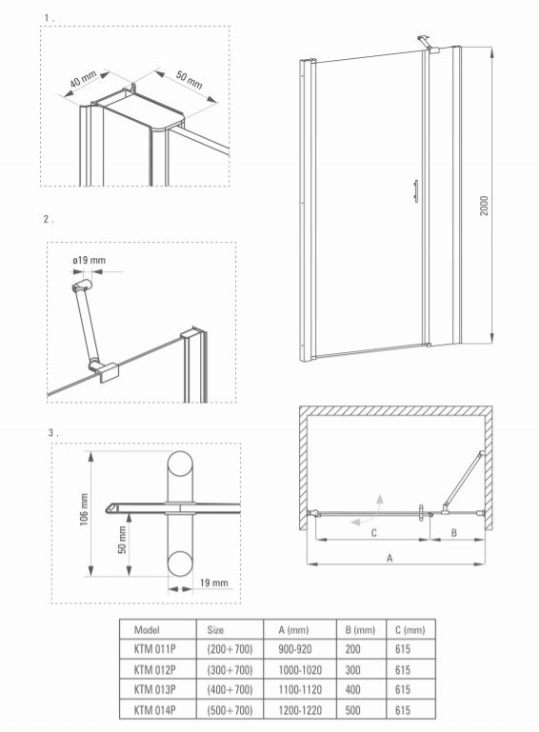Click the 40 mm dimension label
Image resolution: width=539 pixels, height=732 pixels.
pyautogui.click(x=83, y=80)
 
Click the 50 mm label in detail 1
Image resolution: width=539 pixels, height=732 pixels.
pyautogui.click(x=189, y=80)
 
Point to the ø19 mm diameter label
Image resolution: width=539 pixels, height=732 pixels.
pyautogui.click(x=89, y=260)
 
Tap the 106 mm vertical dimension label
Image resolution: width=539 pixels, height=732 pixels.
pyautogui.click(x=84, y=510)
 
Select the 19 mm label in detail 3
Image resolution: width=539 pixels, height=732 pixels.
pyautogui.click(x=214, y=583)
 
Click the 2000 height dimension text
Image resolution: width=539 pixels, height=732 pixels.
pyautogui.click(x=485, y=206)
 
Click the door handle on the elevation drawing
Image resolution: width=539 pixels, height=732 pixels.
pyautogui.click(x=416, y=191)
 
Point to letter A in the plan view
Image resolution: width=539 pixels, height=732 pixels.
pyautogui.click(x=390, y=558)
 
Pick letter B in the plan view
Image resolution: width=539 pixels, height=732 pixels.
pyautogui.click(x=453, y=533)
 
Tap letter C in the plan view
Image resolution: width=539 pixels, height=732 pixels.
pyautogui.click(x=373, y=533)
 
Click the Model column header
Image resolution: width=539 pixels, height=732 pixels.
pyautogui.click(x=147, y=630)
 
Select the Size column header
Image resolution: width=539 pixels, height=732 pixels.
pyautogui.click(x=215, y=630)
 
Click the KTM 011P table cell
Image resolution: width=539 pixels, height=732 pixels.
pyautogui.click(x=154, y=649)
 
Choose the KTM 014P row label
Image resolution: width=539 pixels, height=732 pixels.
pyautogui.click(x=154, y=710)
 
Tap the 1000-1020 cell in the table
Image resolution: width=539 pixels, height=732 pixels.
pyautogui.click(x=300, y=670)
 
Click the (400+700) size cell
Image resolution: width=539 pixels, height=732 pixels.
pyautogui.click(x=230, y=689)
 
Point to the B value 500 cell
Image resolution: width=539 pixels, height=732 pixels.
pyautogui.click(x=352, y=710)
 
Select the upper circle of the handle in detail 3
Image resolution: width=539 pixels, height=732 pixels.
pyautogui.click(x=180, y=464)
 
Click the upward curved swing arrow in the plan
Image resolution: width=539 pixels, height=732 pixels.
pyautogui.click(x=378, y=504)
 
